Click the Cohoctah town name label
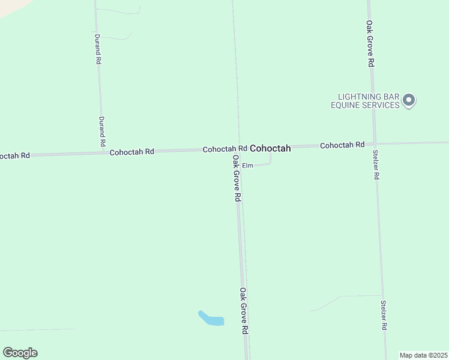270,148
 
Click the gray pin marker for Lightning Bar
409,100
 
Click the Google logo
20,352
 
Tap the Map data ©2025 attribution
424,355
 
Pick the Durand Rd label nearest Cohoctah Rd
102,132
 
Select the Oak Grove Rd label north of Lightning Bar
371,44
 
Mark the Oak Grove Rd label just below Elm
237,178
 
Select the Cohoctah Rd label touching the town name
224,149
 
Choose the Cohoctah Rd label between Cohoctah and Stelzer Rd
342,145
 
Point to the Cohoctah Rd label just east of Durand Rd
132,152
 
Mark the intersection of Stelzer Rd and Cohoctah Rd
375,144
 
